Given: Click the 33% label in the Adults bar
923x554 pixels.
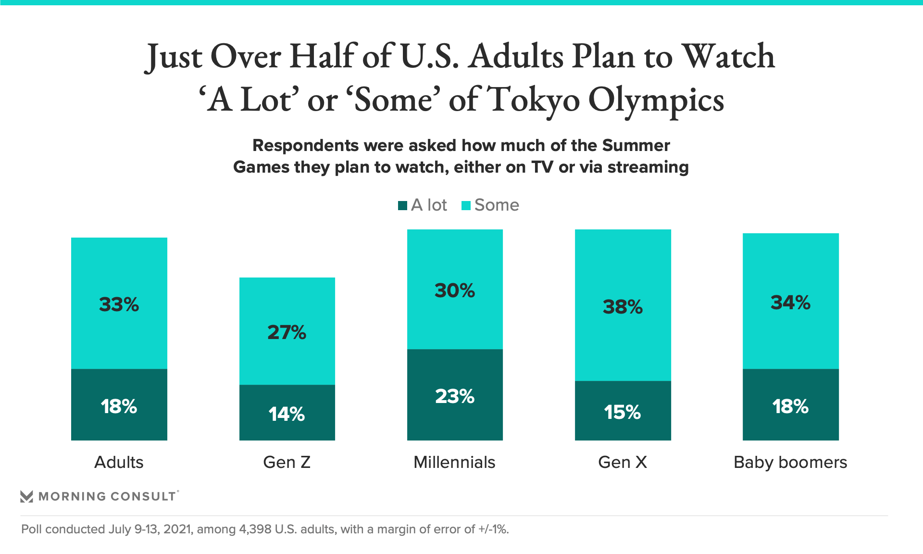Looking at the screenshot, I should coord(119,304).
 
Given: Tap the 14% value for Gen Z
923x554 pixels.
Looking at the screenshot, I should coord(287,414).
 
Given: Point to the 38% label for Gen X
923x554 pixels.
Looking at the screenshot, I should coord(623,307).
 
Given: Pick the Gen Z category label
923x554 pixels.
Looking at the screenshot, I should coord(287,462).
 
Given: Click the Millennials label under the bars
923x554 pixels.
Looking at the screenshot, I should coord(454,462).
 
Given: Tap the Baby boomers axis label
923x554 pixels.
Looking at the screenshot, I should coord(790,462).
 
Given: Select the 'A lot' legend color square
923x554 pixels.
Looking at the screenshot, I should coord(403,206).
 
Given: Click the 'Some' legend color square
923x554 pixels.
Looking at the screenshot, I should coord(466,206).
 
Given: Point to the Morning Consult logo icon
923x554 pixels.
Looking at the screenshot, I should coord(27,496).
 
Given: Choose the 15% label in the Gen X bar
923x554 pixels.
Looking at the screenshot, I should coord(623,412).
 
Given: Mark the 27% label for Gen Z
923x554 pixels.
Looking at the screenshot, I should coord(287,332).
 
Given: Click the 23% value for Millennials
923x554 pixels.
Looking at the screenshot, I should coord(455,396).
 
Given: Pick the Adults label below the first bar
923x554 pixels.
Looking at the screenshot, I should coord(119,462).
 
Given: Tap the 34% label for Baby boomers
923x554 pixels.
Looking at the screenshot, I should coord(790,302).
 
